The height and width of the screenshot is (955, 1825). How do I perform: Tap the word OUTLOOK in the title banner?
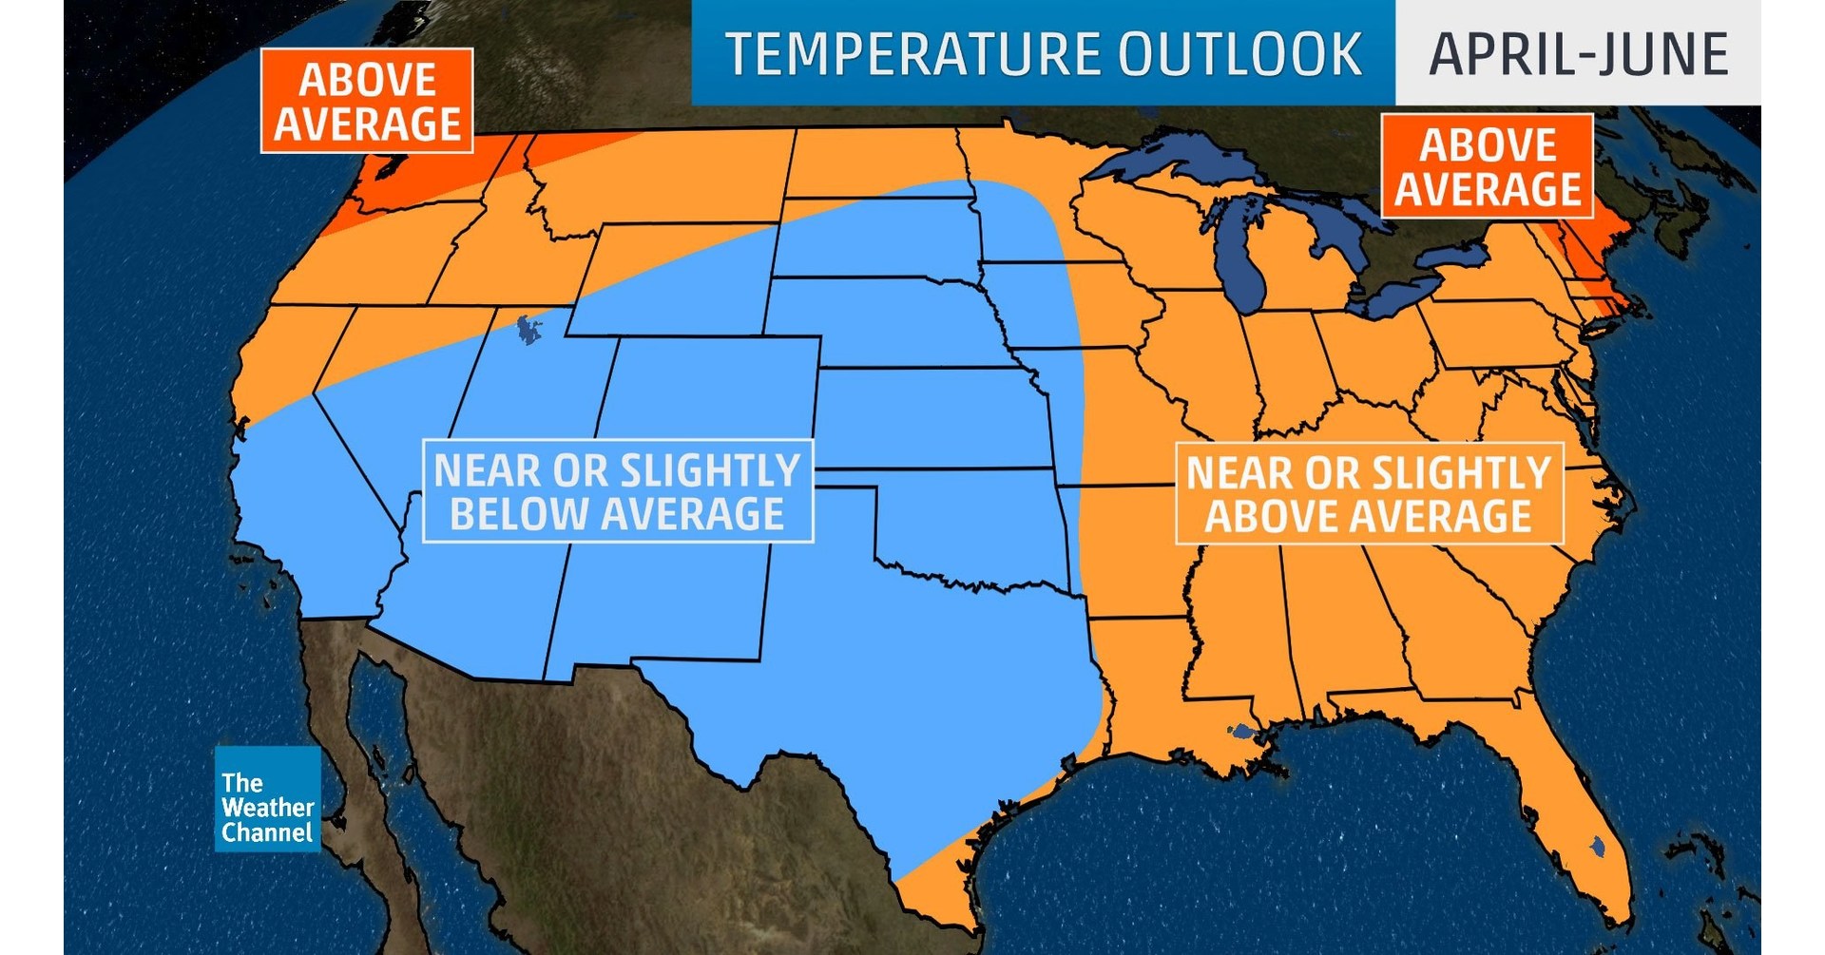(1239, 54)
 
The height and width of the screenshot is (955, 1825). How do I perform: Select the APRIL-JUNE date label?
(1578, 54)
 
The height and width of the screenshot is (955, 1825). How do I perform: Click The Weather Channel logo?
(267, 808)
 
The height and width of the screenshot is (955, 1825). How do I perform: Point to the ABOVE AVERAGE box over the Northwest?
(367, 102)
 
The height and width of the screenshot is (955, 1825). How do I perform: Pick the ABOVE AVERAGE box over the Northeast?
(1487, 167)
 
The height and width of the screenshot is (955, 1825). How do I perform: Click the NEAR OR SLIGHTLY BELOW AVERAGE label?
(618, 491)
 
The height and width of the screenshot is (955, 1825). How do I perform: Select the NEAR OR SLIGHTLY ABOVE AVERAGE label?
(1369, 494)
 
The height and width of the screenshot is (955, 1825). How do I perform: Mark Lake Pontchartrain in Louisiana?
(1241, 733)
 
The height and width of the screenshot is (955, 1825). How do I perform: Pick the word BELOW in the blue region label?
(518, 515)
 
